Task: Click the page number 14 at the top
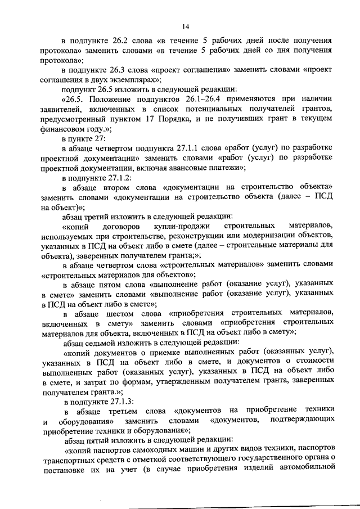185,26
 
